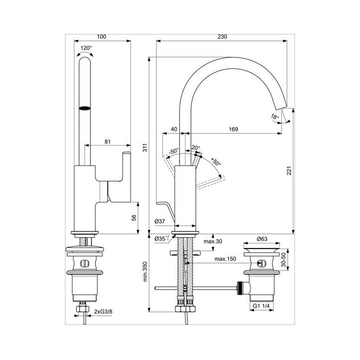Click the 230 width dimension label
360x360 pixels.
(222, 36)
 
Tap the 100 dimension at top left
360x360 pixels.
(101, 36)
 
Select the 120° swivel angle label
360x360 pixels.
(86, 48)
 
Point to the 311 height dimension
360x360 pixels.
(145, 147)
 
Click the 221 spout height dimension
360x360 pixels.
(289, 170)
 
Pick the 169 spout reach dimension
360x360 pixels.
(233, 129)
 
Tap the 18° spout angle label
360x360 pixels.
(275, 116)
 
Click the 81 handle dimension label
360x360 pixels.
(107, 142)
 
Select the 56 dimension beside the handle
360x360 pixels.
(134, 217)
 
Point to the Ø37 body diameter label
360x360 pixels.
(160, 221)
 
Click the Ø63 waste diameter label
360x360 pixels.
(262, 239)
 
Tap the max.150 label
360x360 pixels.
(225, 259)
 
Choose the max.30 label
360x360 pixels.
(213, 241)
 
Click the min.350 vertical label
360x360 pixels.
(145, 271)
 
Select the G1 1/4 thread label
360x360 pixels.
(261, 306)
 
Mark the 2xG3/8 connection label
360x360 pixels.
(103, 311)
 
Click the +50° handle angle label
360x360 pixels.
(216, 161)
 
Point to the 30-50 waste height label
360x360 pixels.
(284, 260)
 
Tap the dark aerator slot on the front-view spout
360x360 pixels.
(84, 108)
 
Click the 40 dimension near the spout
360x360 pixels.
(174, 129)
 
